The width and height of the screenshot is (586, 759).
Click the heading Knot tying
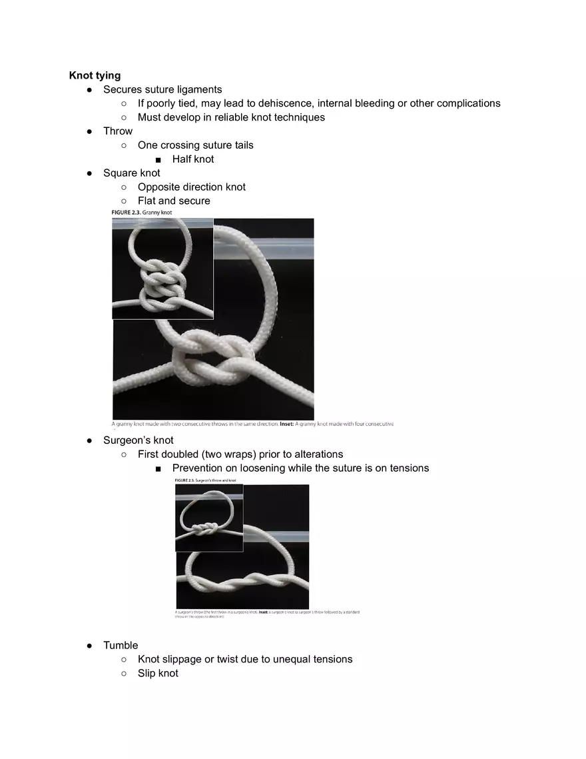pyautogui.click(x=95, y=75)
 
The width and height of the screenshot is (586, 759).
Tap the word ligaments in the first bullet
pyautogui.click(x=198, y=89)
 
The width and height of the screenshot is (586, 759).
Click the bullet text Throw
pyautogui.click(x=118, y=131)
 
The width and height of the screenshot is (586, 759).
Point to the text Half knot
pyautogui.click(x=193, y=159)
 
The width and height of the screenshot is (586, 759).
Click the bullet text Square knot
pyautogui.click(x=131, y=173)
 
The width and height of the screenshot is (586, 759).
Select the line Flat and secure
pyautogui.click(x=174, y=201)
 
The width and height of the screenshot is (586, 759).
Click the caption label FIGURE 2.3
pyautogui.click(x=125, y=213)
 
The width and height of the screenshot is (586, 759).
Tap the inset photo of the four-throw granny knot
pyautogui.click(x=162, y=269)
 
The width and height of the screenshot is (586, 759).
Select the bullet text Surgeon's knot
pyautogui.click(x=138, y=440)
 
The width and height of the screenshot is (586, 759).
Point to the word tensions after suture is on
pyautogui.click(x=404, y=468)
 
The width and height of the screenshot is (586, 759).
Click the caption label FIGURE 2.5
pyautogui.click(x=184, y=480)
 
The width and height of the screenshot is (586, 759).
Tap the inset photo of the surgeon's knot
pyautogui.click(x=208, y=518)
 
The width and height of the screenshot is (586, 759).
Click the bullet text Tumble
pyautogui.click(x=121, y=646)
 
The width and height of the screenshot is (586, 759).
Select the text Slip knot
pyautogui.click(x=158, y=674)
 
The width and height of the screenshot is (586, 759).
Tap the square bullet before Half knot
pyautogui.click(x=157, y=160)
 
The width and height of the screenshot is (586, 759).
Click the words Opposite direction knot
pyautogui.click(x=192, y=187)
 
